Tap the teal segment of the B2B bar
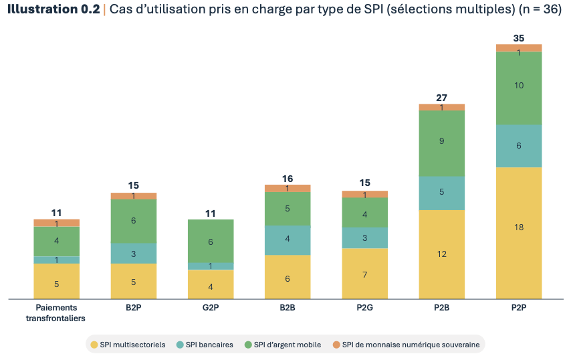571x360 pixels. point(288,240)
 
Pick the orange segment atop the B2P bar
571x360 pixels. point(134,196)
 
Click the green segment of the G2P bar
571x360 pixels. point(211,241)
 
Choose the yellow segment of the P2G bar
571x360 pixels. point(364,273)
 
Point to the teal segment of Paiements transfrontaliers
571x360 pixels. point(57,260)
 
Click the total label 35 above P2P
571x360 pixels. point(518,38)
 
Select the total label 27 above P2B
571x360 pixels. point(441,98)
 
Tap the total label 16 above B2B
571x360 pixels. point(288,179)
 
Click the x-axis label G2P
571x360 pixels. point(211,308)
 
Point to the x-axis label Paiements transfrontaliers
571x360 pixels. point(56,313)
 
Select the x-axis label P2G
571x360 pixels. point(364,308)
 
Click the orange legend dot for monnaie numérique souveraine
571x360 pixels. point(336,345)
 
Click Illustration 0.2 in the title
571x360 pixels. point(52,9)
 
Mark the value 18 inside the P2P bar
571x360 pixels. point(518,228)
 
